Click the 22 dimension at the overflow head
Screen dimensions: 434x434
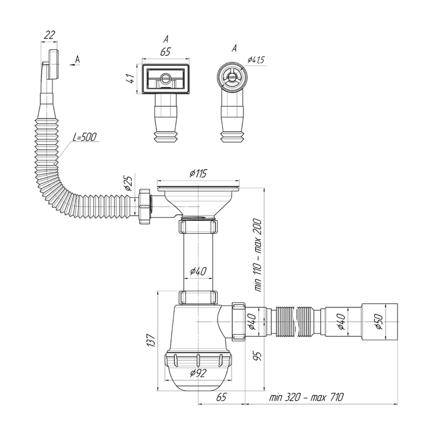click(49, 35)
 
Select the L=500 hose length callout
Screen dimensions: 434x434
click(85, 137)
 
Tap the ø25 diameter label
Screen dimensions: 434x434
click(129, 183)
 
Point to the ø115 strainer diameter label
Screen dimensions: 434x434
click(198, 174)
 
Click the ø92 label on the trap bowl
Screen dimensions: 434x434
click(198, 373)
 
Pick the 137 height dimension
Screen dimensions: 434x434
click(151, 340)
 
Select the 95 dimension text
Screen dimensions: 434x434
click(257, 356)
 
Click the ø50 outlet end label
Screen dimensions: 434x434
click(379, 322)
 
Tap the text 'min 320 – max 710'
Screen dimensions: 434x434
click(307, 398)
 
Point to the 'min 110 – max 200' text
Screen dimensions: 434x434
click(258, 255)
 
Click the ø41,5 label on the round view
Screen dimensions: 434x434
click(256, 60)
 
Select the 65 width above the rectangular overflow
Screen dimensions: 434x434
click(165, 52)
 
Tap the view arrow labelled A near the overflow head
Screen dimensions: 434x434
click(75, 65)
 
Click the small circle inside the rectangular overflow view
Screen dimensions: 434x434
click(166, 78)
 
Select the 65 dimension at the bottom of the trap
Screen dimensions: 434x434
click(221, 398)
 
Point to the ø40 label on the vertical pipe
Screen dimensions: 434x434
click(198, 271)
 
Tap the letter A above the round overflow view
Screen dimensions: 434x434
click(234, 48)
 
